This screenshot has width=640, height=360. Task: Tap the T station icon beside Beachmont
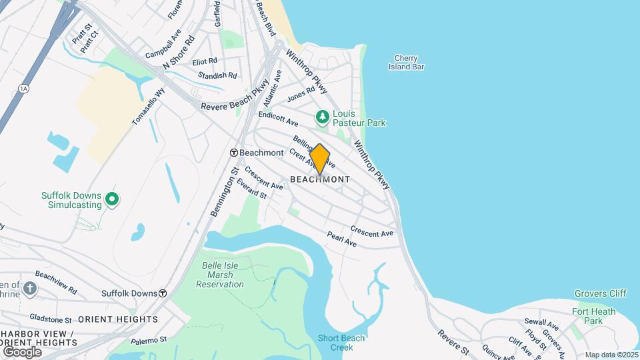coord(234,153)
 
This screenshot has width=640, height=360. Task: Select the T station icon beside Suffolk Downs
coord(163,293)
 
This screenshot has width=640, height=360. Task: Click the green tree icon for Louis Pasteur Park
coord(323,118)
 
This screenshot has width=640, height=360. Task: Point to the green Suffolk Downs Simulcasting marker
coord(112,199)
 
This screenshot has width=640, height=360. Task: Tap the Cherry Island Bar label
coord(407,62)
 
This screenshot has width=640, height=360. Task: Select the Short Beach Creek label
coord(341,343)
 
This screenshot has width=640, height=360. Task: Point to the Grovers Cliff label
coord(599,293)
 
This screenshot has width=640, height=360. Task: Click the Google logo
coord(22,351)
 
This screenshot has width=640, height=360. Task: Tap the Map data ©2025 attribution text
coord(612,355)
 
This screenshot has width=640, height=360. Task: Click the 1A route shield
coord(25,88)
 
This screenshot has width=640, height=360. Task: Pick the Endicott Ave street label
coord(279,119)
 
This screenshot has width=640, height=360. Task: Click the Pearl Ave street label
coord(341,239)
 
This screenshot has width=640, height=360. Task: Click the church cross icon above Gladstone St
coord(29,289)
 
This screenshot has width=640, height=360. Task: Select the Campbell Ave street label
coord(163,43)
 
